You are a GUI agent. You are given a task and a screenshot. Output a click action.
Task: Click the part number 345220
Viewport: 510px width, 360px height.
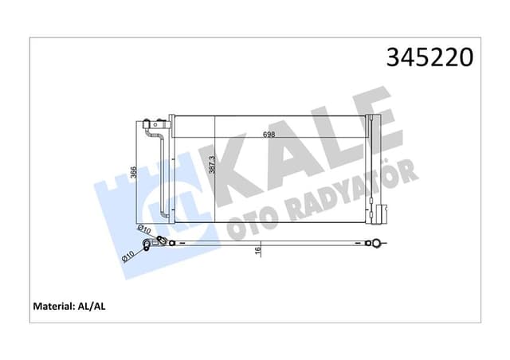point(430,58)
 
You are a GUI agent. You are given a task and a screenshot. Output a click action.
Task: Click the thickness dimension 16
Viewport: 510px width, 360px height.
point(258,251)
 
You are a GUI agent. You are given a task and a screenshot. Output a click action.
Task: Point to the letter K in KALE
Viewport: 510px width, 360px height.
point(231,166)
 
